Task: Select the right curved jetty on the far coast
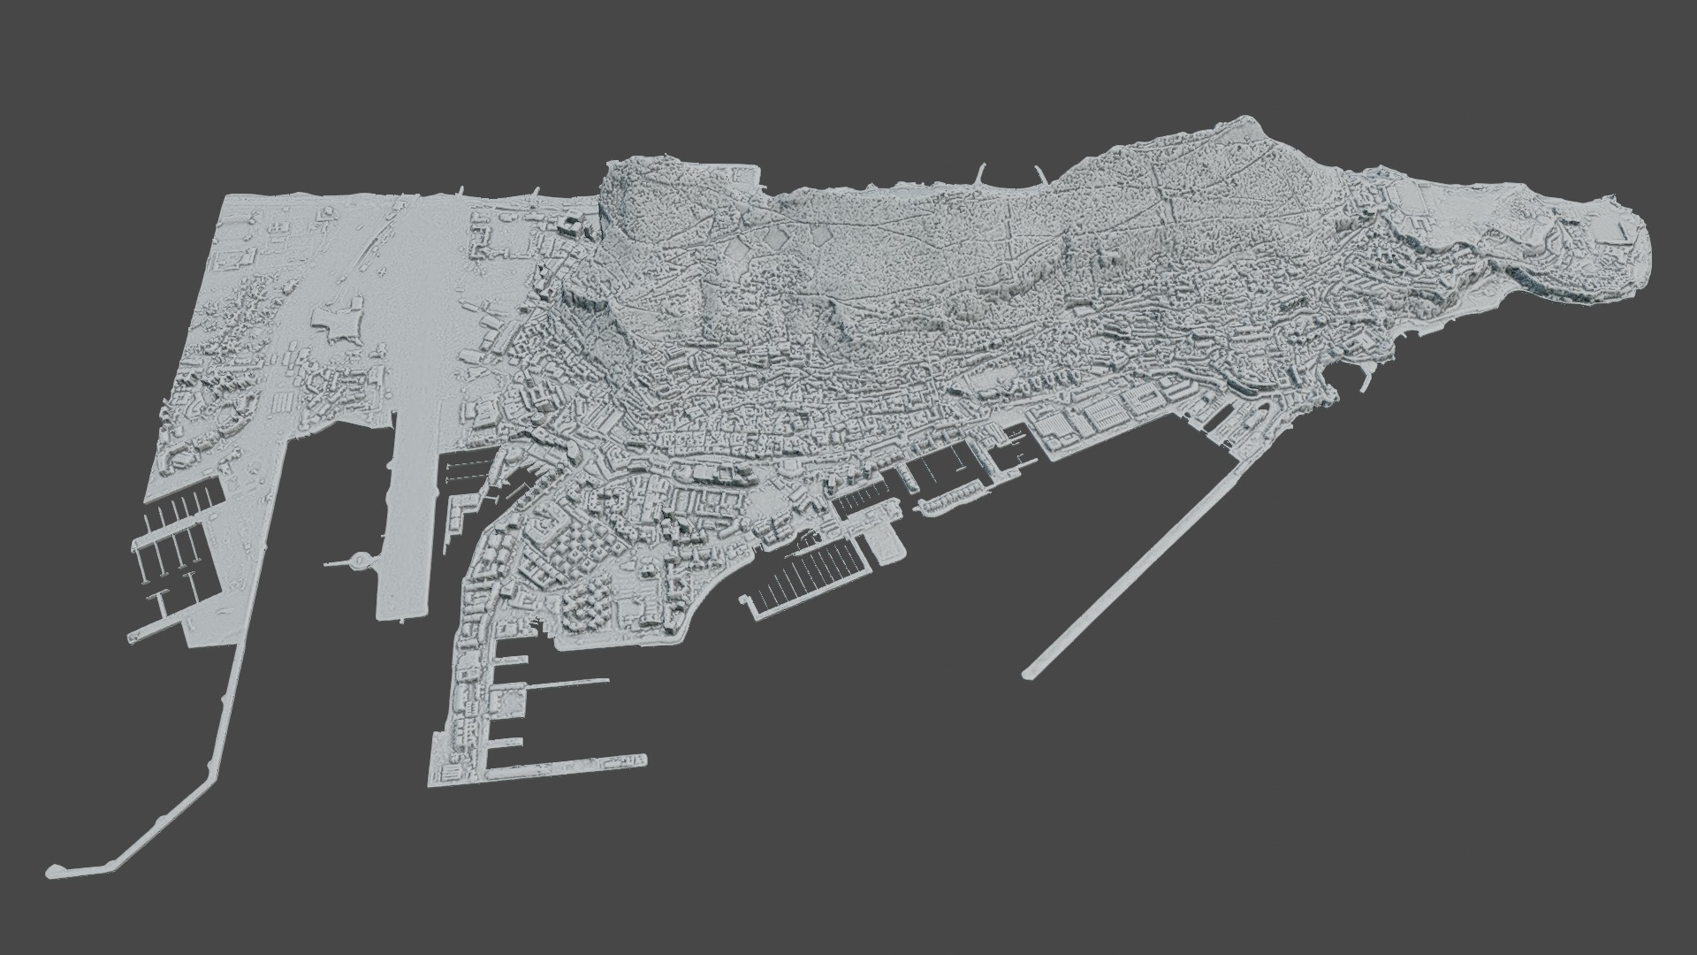pyautogui.click(x=1038, y=176)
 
